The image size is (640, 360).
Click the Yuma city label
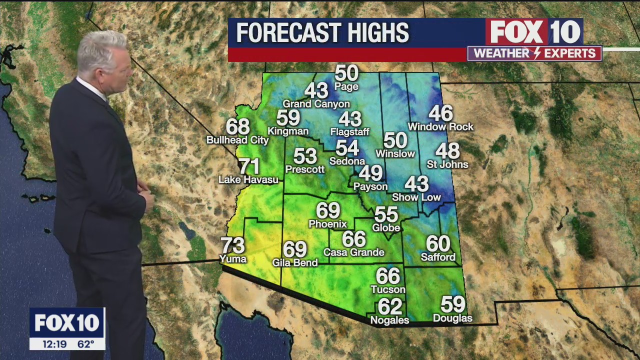tap(233, 259)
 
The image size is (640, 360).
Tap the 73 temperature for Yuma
tap(233, 245)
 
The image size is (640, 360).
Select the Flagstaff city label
tap(350, 132)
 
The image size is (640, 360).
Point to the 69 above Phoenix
tap(328, 210)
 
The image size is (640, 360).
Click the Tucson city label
tap(388, 289)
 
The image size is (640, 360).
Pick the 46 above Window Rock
tap(440, 113)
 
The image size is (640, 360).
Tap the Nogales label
tap(389, 320)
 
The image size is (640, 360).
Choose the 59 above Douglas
tap(452, 304)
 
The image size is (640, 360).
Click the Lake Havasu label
tap(248, 179)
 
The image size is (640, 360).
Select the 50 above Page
tap(346, 73)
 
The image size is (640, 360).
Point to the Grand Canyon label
tap(316, 104)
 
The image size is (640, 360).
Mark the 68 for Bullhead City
tap(238, 126)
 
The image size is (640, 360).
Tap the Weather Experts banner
tap(534, 53)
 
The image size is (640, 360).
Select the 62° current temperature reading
tap(85, 343)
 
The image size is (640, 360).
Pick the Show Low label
tap(416, 197)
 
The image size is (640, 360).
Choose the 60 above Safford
tap(438, 244)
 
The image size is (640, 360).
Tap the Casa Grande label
tap(354, 252)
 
